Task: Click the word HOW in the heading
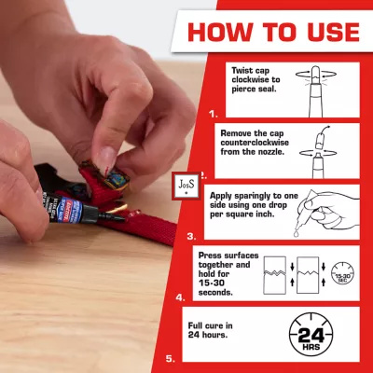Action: [220, 32]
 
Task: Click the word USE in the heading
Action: [333, 32]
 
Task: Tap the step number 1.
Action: [213, 115]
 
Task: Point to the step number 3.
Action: [192, 237]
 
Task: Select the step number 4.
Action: [181, 297]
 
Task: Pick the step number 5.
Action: [171, 359]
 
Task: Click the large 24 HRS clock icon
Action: [311, 335]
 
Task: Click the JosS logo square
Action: [186, 186]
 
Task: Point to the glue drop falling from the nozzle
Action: [297, 233]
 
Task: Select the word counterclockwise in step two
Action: [255, 143]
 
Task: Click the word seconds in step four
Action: [215, 293]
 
